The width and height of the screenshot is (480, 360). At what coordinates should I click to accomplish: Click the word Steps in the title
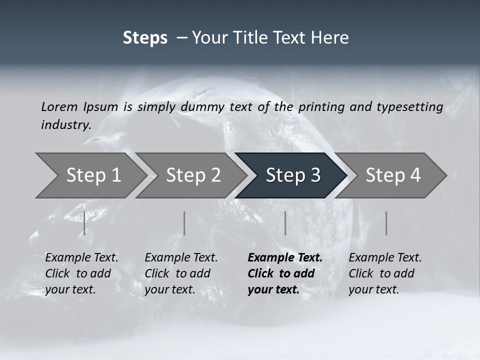point(145,38)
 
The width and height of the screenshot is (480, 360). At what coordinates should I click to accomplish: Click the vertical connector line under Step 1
point(84,223)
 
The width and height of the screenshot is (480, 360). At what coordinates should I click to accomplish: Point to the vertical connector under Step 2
point(184,223)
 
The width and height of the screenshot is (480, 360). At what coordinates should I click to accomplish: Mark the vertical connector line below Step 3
point(285,223)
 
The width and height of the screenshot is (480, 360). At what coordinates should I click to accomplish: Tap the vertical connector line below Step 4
point(386,223)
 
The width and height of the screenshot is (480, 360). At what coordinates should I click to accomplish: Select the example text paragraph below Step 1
point(81,273)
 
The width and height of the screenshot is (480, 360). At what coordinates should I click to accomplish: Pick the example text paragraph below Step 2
point(181,273)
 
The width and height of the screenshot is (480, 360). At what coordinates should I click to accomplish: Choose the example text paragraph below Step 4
point(385,273)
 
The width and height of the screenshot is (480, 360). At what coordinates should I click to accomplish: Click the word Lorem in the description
point(59,107)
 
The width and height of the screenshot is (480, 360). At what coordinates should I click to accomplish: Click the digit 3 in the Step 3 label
point(314,175)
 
